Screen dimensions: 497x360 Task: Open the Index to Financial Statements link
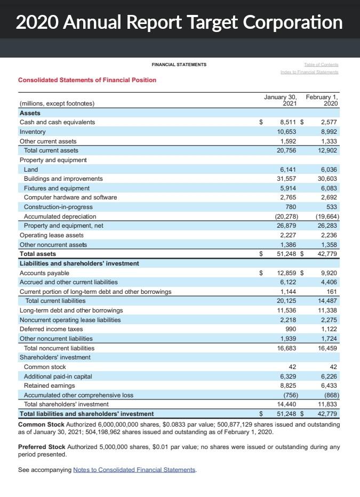(309, 72)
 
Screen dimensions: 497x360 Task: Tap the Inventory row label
(33, 132)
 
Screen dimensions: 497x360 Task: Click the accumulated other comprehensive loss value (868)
(331, 395)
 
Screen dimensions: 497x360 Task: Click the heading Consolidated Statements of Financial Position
(87, 80)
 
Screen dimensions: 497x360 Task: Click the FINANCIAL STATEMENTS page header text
(179, 65)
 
